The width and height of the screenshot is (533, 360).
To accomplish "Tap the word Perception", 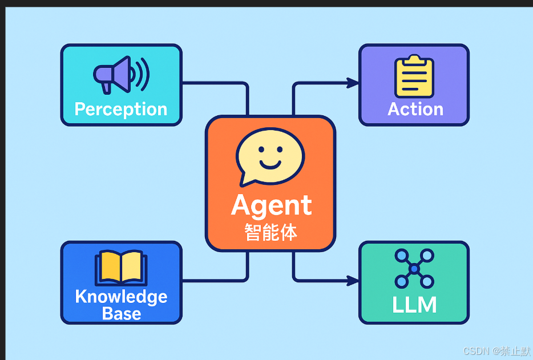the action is [121, 109].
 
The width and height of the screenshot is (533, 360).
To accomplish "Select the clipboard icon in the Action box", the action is [414, 76].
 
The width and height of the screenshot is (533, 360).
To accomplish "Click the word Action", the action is [415, 109].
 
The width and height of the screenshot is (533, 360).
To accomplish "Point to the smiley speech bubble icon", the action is [270, 155].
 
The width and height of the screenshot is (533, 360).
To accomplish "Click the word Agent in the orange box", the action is [272, 205].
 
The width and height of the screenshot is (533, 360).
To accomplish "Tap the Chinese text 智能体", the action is [271, 232].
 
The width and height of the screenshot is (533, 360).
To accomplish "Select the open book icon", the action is [121, 267].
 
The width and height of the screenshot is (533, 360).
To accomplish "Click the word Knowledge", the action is [121, 297].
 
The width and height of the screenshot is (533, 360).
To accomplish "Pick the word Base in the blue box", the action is [122, 313].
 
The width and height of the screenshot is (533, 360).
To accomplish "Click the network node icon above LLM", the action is [414, 268].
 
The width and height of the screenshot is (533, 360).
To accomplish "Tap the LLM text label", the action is [414, 305].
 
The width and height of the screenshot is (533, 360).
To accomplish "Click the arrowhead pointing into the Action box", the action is [353, 83].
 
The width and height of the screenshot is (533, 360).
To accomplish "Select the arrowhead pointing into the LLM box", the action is [353, 280].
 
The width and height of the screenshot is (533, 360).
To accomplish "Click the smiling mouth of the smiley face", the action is [270, 164].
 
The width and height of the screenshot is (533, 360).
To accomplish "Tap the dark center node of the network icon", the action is [414, 268].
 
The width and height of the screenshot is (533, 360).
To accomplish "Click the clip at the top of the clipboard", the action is [414, 59].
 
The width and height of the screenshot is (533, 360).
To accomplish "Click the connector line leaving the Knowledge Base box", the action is [214, 280].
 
